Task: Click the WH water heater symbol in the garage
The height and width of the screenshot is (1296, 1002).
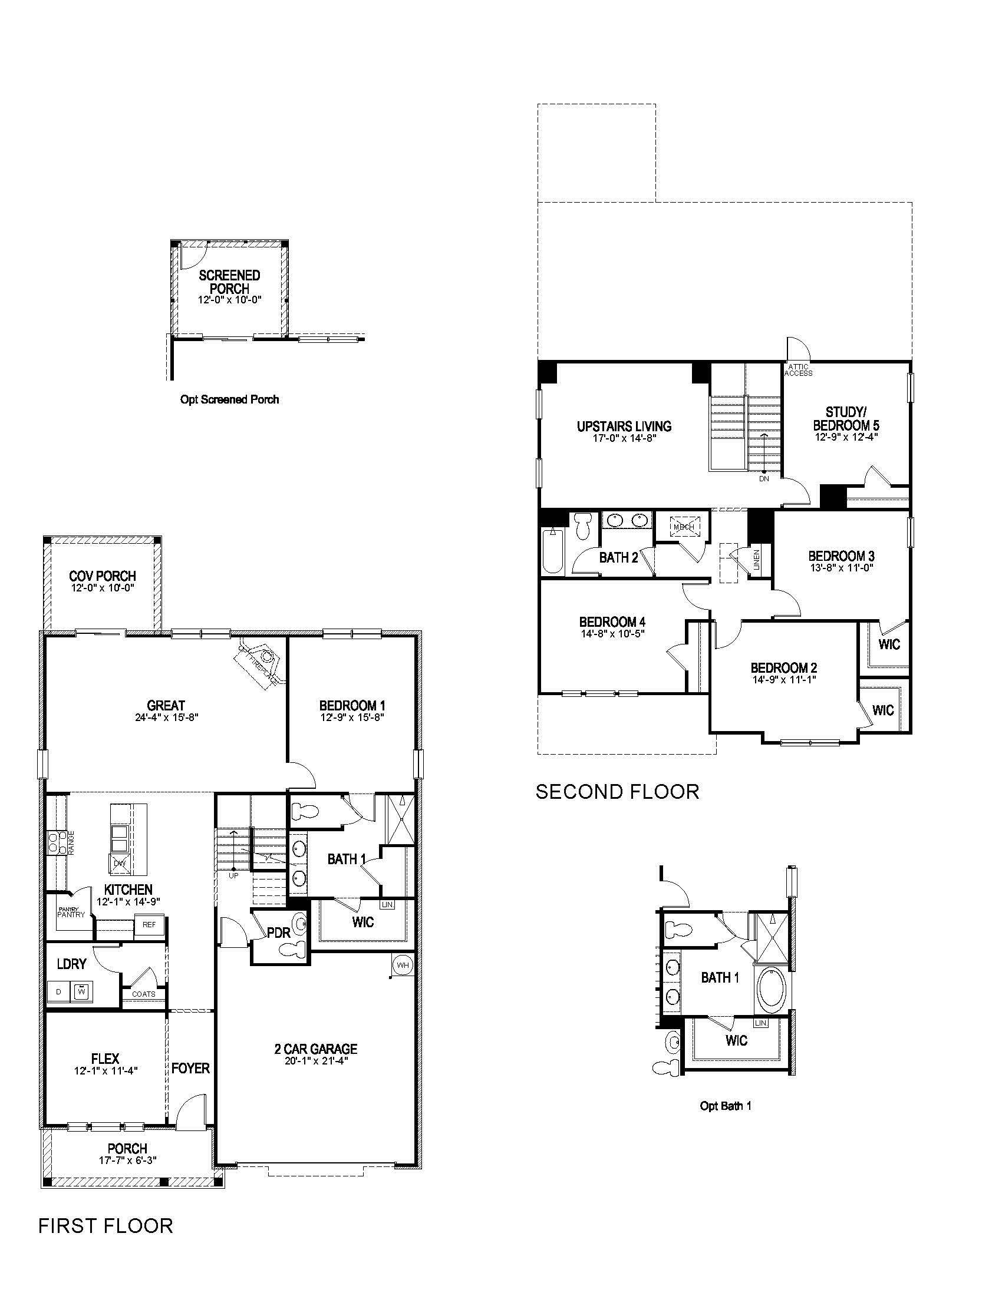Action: click(x=403, y=966)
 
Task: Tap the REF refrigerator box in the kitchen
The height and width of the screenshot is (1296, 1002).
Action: click(x=149, y=924)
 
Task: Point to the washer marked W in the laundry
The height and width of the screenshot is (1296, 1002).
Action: click(x=81, y=991)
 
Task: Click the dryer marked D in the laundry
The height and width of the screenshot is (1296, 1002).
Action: click(x=58, y=991)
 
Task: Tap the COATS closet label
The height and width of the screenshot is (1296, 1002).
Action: click(x=144, y=994)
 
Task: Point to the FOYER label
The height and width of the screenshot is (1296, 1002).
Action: click(x=190, y=1068)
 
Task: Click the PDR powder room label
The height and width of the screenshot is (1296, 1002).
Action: click(x=278, y=933)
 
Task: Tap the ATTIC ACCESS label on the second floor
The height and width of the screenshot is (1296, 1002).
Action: click(x=799, y=370)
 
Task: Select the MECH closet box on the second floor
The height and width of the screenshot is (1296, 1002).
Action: click(x=683, y=526)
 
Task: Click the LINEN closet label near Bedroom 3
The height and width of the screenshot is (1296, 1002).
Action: click(x=756, y=560)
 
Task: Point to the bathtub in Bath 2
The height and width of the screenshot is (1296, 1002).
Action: click(x=553, y=551)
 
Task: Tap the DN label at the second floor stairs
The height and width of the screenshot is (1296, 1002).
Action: click(x=764, y=478)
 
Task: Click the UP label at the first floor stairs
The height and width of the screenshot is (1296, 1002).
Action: click(x=233, y=875)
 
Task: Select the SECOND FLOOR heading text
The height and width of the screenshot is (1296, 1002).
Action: click(x=617, y=791)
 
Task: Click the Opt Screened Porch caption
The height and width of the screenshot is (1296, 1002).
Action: click(x=229, y=399)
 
